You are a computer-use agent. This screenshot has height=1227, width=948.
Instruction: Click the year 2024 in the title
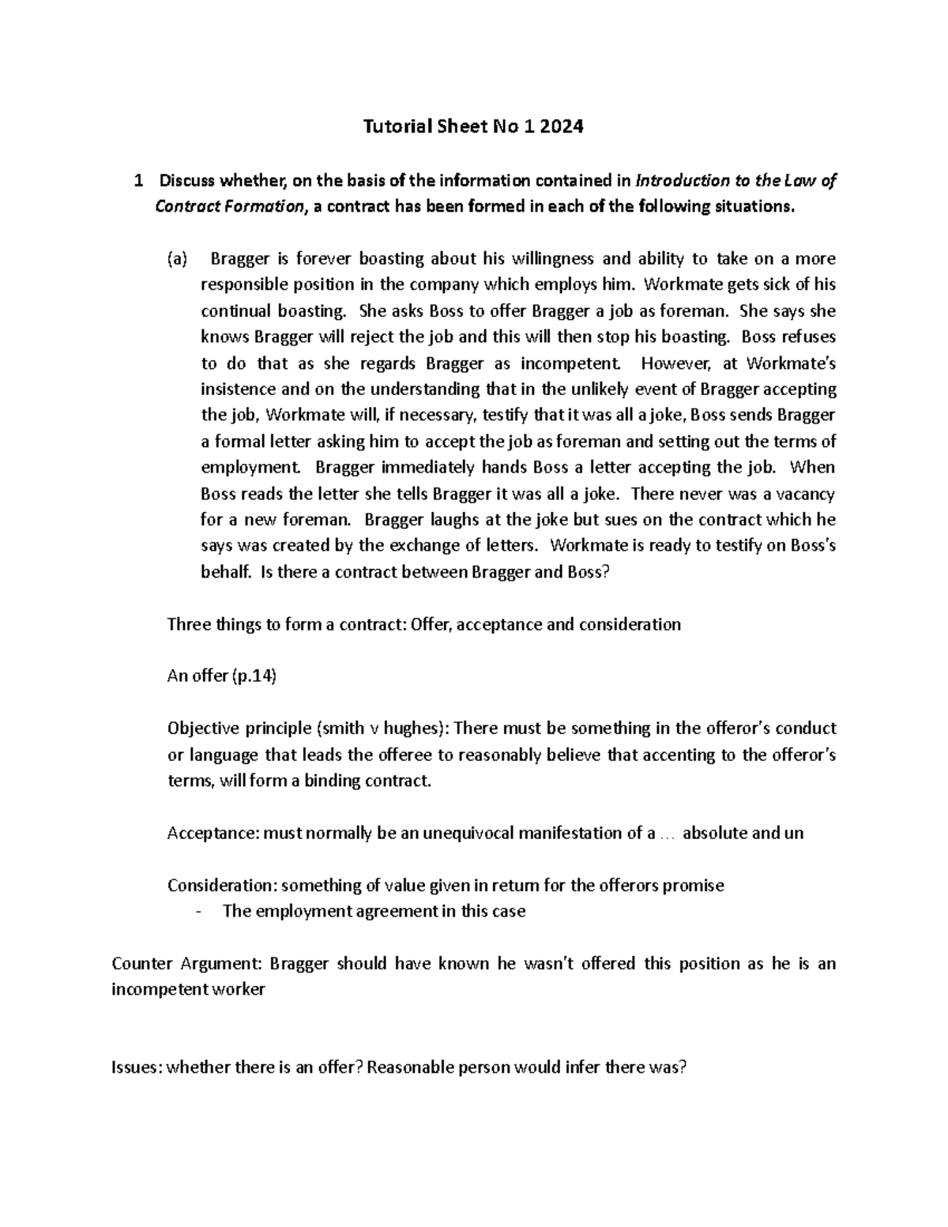coord(561,126)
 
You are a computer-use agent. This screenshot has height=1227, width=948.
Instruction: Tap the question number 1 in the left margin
coord(138,181)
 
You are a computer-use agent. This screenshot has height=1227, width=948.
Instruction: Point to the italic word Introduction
coord(684,181)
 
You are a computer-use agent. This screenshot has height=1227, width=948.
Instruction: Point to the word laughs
coord(446,520)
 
